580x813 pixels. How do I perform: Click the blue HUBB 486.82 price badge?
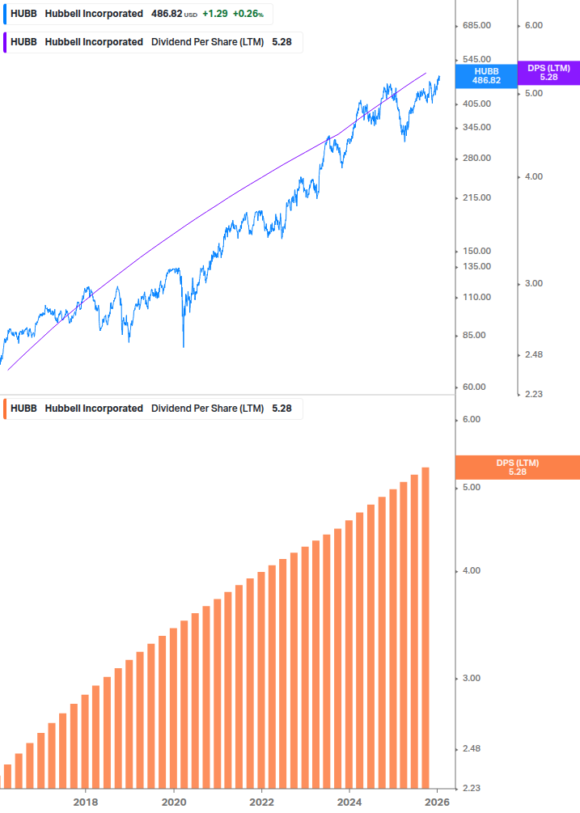point(487,75)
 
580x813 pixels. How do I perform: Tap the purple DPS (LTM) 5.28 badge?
point(548,73)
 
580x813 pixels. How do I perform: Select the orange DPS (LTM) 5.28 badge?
point(518,467)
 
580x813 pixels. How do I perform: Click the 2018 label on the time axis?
point(86,802)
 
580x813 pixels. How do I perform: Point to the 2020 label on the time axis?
point(174,802)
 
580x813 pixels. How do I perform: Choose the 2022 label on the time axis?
point(261,802)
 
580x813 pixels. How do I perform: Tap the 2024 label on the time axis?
point(349,802)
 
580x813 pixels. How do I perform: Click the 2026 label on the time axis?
point(437,802)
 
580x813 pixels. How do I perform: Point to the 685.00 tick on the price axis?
point(476,26)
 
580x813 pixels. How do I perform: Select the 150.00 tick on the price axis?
point(476,251)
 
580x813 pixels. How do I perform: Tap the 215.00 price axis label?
point(476,197)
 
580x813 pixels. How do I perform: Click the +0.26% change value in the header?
point(250,15)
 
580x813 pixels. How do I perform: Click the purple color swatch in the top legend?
point(6,42)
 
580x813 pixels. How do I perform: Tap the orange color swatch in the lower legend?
point(6,409)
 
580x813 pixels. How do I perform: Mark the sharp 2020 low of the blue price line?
point(184,346)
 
